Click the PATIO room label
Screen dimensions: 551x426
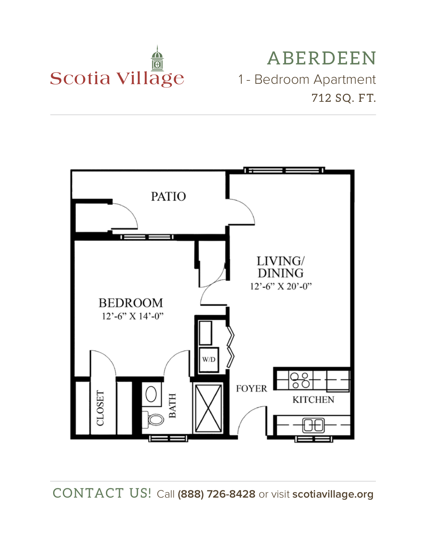[x=168, y=196]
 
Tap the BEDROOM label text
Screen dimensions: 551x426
[x=131, y=303]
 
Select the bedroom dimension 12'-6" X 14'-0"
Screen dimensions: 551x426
[x=132, y=316]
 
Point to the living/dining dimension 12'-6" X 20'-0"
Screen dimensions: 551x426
[x=281, y=286]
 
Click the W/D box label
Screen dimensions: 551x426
[x=209, y=359]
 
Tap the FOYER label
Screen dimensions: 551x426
[x=251, y=388]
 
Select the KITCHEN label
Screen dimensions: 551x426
[x=313, y=400]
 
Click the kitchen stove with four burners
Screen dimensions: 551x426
[x=300, y=380]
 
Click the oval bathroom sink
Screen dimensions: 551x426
[x=151, y=394]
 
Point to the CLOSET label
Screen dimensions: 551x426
[x=100, y=408]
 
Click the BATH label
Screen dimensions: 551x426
[x=172, y=405]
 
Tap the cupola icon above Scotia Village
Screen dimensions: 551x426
[x=157, y=59]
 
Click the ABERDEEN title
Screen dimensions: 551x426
[x=321, y=58]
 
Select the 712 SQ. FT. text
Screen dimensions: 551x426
[x=343, y=98]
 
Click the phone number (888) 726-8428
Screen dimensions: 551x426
[x=216, y=494]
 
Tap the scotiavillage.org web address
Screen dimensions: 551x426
[x=333, y=494]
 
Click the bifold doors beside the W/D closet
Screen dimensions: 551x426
[x=231, y=347]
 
